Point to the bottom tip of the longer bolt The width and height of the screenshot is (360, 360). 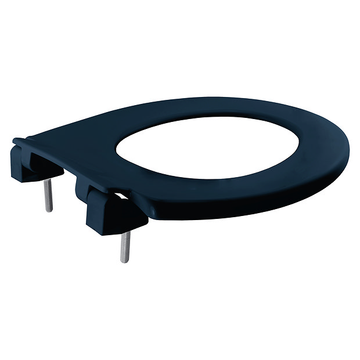pyautogui.click(x=124, y=260)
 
